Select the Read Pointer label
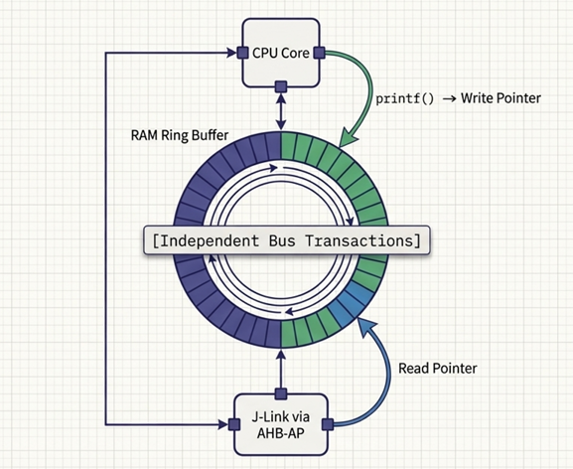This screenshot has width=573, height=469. click(x=438, y=368)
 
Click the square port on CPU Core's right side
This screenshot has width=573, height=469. click(x=319, y=53)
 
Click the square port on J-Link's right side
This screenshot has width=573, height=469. click(x=329, y=424)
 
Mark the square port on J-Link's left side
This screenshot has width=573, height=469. click(x=233, y=424)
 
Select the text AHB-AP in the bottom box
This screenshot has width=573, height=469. click(x=281, y=433)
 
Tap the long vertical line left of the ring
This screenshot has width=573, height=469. click(x=106, y=238)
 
